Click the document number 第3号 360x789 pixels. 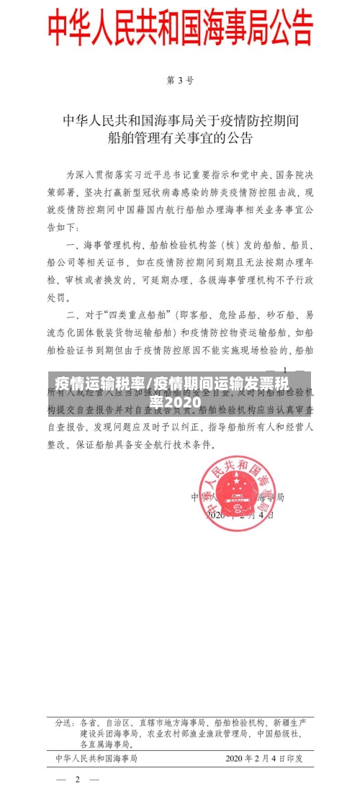click(180, 81)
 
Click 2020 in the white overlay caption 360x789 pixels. click(180, 400)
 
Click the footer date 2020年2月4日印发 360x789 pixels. click(264, 758)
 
